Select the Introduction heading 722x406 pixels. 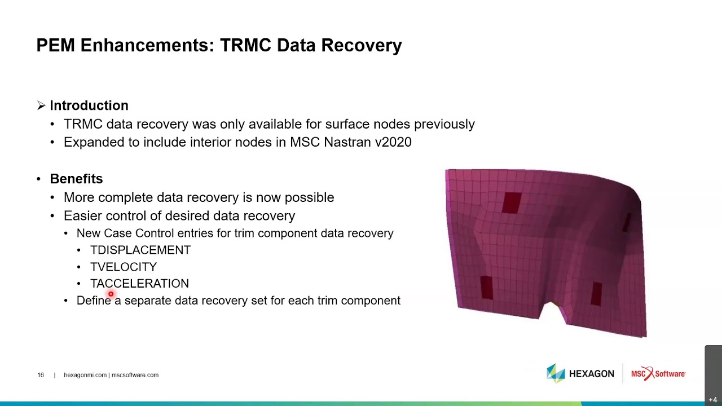click(x=89, y=105)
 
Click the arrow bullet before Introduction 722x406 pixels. click(x=41, y=105)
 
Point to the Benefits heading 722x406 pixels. click(x=76, y=179)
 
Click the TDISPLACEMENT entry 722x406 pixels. click(x=140, y=250)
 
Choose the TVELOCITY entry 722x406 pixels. click(x=124, y=267)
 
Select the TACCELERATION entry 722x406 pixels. click(x=139, y=284)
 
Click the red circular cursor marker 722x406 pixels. click(x=111, y=294)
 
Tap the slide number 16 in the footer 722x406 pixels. click(x=41, y=375)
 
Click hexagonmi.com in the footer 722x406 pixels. click(x=85, y=375)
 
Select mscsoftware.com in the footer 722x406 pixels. click(x=135, y=375)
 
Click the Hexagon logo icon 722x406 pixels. click(x=556, y=373)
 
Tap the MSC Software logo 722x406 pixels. click(x=658, y=374)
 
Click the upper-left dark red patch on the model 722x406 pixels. click(x=512, y=202)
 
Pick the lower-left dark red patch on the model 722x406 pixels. click(x=486, y=287)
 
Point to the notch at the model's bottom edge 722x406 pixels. click(x=552, y=310)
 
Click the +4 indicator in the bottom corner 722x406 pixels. click(x=713, y=400)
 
